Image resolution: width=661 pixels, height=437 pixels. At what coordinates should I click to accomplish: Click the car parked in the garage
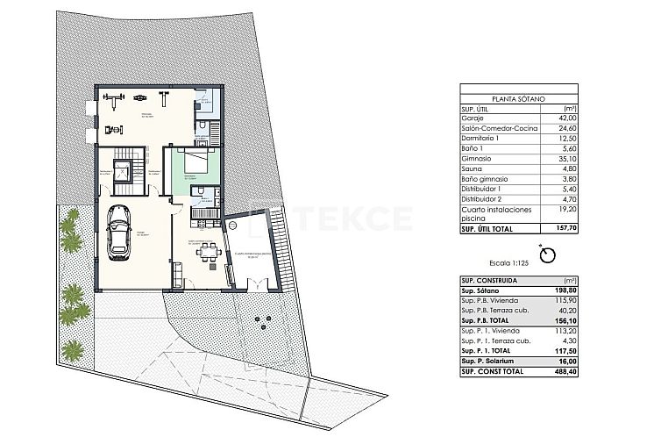coord(117,234)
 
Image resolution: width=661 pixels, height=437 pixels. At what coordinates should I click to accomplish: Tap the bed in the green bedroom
coord(195,162)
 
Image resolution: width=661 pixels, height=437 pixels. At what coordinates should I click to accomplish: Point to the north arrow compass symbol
coord(549,254)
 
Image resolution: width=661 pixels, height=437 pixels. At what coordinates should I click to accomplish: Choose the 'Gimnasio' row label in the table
coord(477,159)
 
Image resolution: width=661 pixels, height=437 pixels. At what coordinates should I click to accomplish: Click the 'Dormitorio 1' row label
coord(480,138)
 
